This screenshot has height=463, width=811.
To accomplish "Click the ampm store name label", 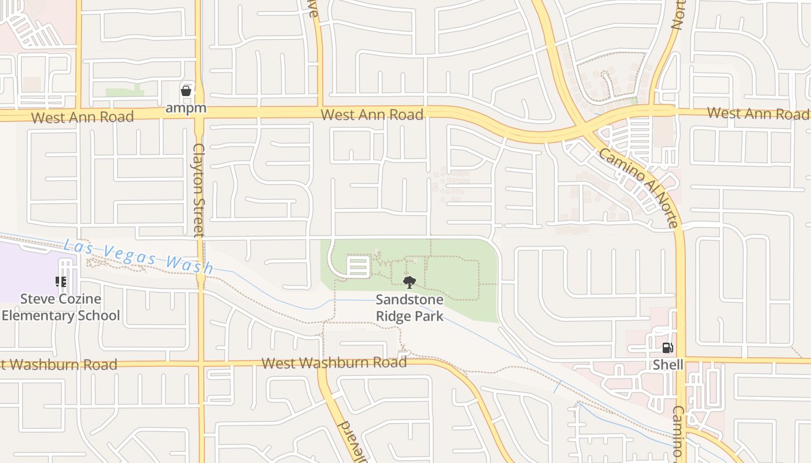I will (185, 108).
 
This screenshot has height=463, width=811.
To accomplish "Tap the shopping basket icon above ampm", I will (185, 91).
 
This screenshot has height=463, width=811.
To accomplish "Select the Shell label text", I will (668, 365).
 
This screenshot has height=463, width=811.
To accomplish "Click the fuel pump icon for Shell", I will (668, 348).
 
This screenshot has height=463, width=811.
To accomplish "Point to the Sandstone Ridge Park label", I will (410, 308).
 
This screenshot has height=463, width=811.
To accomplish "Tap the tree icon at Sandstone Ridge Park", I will (410, 282).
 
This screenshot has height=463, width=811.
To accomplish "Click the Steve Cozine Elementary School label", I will (61, 307).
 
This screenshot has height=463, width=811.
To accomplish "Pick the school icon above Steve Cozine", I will (61, 282).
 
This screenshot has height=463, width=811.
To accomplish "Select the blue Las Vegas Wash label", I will (138, 256).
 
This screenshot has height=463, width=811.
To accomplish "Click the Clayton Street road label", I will (199, 190).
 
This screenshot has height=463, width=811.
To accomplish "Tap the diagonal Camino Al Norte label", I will (638, 188).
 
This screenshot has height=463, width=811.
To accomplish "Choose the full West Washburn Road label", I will (334, 363).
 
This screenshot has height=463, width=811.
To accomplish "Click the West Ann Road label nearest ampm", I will (82, 117).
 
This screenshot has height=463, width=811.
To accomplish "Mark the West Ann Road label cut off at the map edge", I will (758, 113).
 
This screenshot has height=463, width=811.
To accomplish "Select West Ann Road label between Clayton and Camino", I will (372, 115).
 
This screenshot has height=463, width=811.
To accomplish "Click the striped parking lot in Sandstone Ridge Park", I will (358, 267).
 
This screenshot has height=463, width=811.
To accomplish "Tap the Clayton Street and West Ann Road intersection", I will (199, 114).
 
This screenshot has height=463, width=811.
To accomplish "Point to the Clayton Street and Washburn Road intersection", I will (200, 364).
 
